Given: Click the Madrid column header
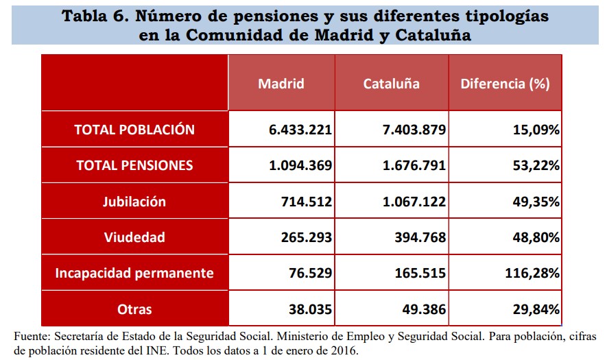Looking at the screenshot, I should click(281, 84).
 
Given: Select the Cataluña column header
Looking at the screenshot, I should click(392, 84).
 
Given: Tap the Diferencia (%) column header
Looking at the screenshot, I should click(505, 84).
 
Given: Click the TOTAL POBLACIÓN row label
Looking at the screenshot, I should click(134, 130).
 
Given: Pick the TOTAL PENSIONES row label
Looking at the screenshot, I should click(134, 165).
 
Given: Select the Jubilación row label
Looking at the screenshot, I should click(134, 202).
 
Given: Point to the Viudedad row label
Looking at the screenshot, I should click(134, 237).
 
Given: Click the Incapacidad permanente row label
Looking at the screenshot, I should click(134, 273).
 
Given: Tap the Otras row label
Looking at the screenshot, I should click(134, 309).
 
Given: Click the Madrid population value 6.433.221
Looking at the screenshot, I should click(300, 130).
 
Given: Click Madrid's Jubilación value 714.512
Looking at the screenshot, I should click(306, 202).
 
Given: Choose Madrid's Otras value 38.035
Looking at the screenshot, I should click(310, 309).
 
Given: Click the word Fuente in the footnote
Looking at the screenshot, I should click(32, 337).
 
